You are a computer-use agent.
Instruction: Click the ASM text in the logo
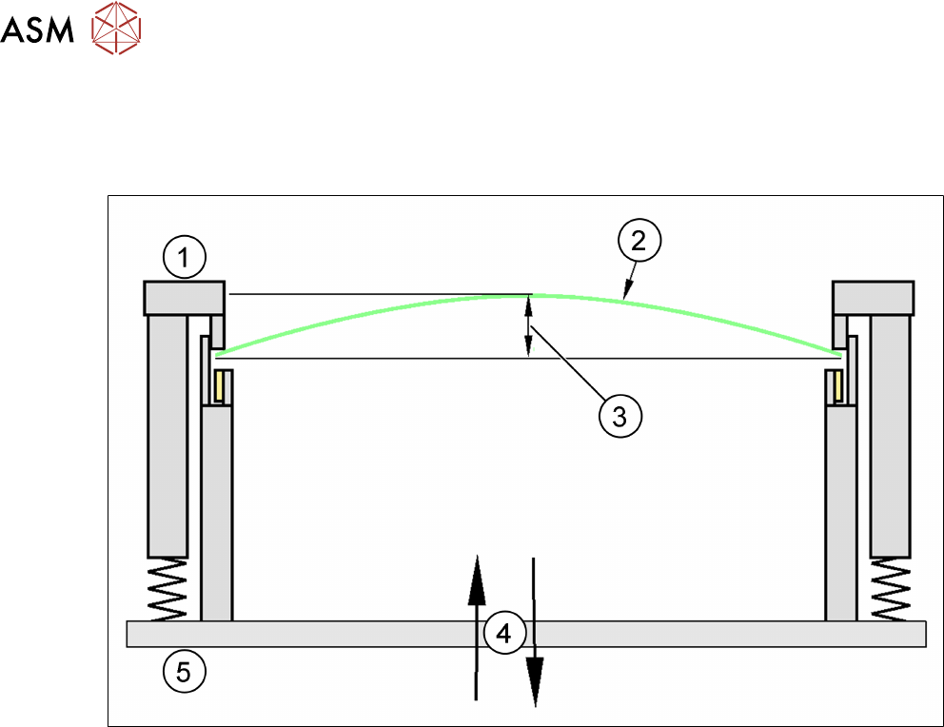[38, 33]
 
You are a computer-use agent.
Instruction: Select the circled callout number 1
[185, 255]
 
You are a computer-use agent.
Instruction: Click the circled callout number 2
[639, 242]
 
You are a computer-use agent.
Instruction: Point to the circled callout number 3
[619, 415]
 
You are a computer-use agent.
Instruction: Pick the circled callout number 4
[503, 632]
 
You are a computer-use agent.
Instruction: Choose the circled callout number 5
[185, 672]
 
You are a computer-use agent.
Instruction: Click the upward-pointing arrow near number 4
[474, 628]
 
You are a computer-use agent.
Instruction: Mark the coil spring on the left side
[168, 589]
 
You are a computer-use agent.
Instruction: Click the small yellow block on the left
[220, 385]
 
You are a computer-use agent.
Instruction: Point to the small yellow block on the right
[836, 385]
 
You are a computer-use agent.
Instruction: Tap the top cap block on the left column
[184, 298]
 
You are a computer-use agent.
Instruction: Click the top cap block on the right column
[874, 298]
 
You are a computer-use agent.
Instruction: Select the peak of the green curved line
[530, 296]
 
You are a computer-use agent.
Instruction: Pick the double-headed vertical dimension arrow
[530, 326]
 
